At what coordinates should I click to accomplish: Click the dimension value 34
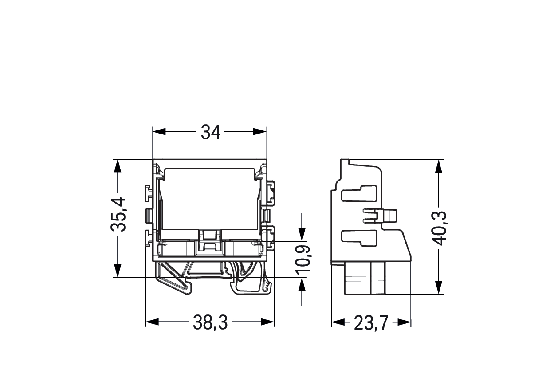click(211, 132)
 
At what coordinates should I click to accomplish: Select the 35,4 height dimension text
click(118, 215)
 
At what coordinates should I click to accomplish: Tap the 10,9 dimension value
click(303, 259)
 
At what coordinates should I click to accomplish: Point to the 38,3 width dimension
click(210, 322)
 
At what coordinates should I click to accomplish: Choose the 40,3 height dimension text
click(439, 228)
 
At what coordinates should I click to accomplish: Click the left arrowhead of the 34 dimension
click(159, 132)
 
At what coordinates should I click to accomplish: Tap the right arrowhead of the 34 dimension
click(260, 132)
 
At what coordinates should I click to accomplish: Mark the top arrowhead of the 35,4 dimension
click(118, 166)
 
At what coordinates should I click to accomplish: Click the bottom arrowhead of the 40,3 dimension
click(439, 287)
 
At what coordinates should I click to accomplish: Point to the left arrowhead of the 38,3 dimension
click(152, 322)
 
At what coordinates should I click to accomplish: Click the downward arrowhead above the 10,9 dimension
click(302, 235)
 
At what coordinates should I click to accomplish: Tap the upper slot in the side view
click(359, 193)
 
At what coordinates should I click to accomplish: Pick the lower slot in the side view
click(359, 238)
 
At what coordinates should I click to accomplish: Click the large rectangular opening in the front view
click(210, 199)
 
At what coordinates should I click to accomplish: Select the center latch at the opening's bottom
click(210, 243)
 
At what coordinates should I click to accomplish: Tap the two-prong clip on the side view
click(379, 216)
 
